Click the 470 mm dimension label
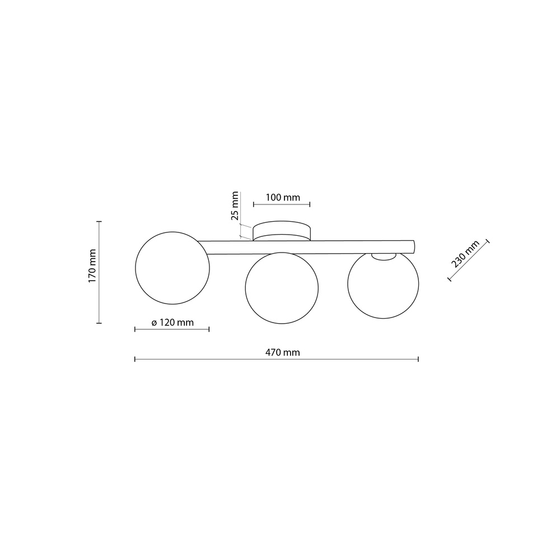pos(282,352)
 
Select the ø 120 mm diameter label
pos(172,323)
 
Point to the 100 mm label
pos(282,198)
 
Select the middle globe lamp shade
pos(282,288)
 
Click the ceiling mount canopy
pos(282,231)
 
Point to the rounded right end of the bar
pos(413,246)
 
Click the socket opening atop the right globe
pos(383,256)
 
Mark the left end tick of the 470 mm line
pos(135,359)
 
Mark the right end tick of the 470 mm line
pos(418,359)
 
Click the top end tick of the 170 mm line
pos(100,222)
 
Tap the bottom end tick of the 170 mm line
pos(100,323)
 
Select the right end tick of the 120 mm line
pos(209,329)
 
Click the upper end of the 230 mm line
pos(487,241)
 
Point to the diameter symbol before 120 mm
pos(154,323)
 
